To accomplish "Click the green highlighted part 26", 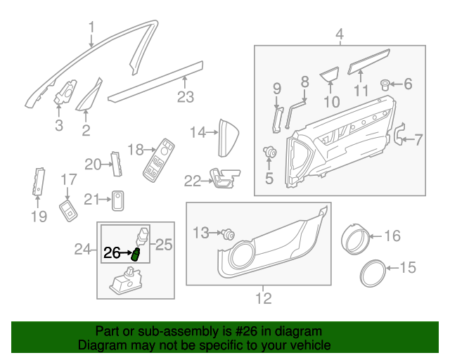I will pyautogui.click(x=136, y=254).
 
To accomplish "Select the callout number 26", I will pyautogui.click(x=112, y=253).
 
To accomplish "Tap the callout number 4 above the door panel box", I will pyautogui.click(x=339, y=34).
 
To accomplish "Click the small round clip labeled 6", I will pyautogui.click(x=386, y=85).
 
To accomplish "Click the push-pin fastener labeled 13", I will pyautogui.click(x=227, y=234).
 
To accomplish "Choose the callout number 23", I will pyautogui.click(x=185, y=97).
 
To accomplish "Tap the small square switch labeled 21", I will pyautogui.click(x=118, y=200).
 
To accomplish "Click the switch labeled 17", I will pyautogui.click(x=69, y=210).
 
